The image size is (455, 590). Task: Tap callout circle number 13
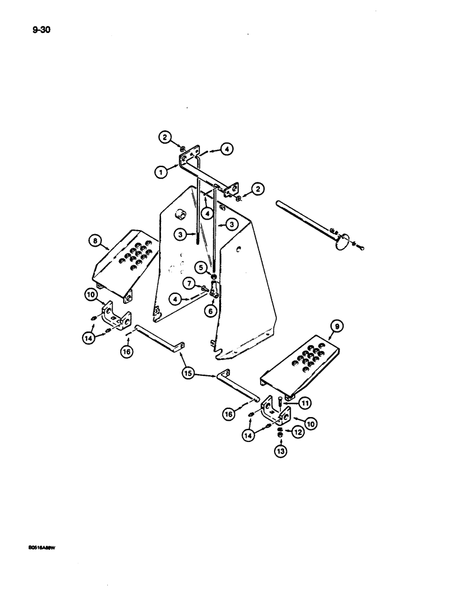(x=279, y=452)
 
